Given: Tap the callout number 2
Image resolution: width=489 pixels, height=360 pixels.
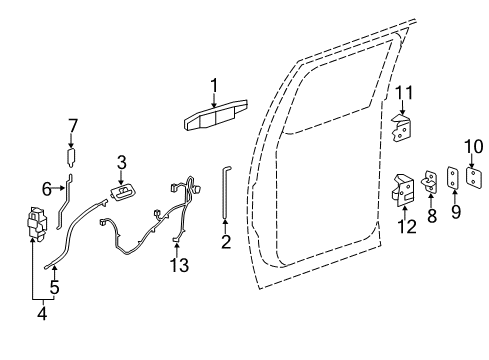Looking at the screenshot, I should tap(226, 240).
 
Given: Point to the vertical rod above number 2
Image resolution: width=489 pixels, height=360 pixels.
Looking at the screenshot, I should tap(225, 195).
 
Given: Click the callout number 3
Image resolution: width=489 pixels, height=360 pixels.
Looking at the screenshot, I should tap(120, 161).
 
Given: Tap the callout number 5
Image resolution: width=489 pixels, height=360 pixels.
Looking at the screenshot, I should tap(55, 287).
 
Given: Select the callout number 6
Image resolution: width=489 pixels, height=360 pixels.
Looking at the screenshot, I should tap(47, 187).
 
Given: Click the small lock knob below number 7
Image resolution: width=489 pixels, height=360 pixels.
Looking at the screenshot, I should tap(71, 157).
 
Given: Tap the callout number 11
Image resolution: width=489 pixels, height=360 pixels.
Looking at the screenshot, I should tap(403, 94).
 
